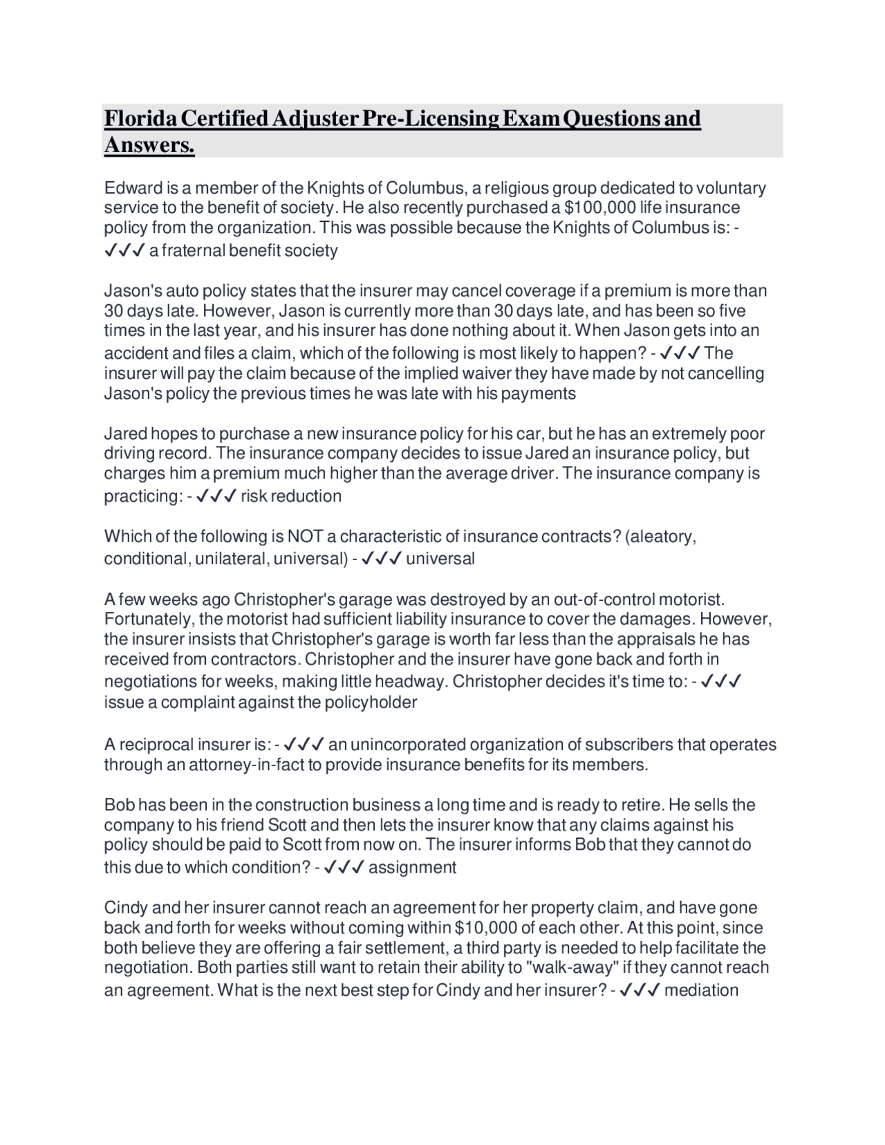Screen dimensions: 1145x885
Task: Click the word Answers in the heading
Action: coord(149,145)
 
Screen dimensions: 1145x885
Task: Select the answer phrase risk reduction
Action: coord(290,496)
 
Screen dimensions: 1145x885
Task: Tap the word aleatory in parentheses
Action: coord(660,537)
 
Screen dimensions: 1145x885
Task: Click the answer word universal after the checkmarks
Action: coord(440,559)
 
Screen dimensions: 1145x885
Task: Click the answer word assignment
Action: coord(412,868)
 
